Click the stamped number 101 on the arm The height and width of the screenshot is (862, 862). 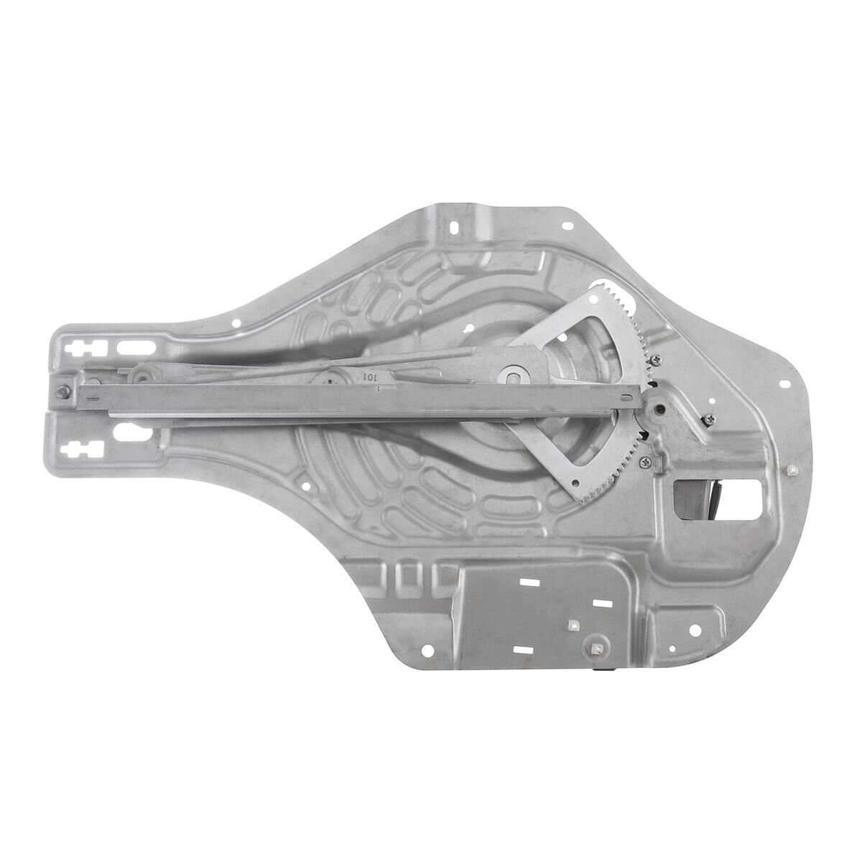click(x=370, y=376)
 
